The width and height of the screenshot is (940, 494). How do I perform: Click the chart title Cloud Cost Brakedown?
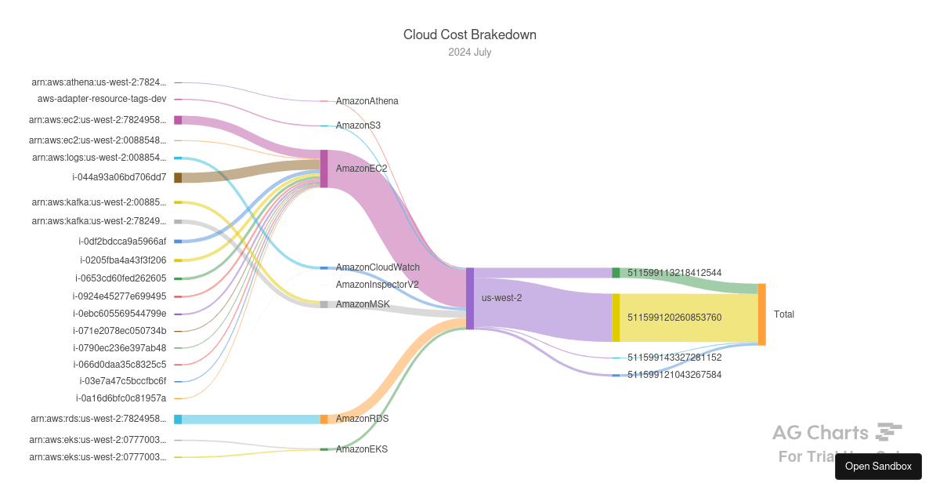pyautogui.click(x=469, y=35)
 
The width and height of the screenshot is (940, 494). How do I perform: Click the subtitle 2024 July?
pyautogui.click(x=469, y=53)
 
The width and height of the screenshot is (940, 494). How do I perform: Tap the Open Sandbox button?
pyautogui.click(x=878, y=466)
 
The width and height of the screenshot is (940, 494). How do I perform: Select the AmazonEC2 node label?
pyautogui.click(x=361, y=169)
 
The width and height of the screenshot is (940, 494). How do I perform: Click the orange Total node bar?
pyautogui.click(x=761, y=314)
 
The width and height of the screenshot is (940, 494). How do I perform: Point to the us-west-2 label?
pyautogui.click(x=501, y=298)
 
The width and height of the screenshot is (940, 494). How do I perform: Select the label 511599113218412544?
pyautogui.click(x=674, y=273)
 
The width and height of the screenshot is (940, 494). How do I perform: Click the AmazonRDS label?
pyautogui.click(x=362, y=419)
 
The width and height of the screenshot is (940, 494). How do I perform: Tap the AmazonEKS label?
pyautogui.click(x=361, y=449)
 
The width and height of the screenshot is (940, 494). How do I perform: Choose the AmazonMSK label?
pyautogui.click(x=363, y=304)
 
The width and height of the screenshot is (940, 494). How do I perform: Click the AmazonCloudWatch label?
pyautogui.click(x=378, y=267)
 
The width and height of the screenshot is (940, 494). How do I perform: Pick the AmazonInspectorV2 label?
pyautogui.click(x=377, y=285)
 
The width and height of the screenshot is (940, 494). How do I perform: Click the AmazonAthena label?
pyautogui.click(x=367, y=101)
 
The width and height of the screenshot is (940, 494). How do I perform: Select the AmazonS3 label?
pyautogui.click(x=358, y=125)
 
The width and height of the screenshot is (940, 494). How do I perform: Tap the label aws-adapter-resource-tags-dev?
pyautogui.click(x=102, y=99)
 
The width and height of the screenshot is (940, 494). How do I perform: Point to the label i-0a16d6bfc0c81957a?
pyautogui.click(x=121, y=398)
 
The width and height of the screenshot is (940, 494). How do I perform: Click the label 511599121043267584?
pyautogui.click(x=674, y=375)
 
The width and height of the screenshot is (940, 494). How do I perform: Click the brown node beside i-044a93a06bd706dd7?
pyautogui.click(x=178, y=178)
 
